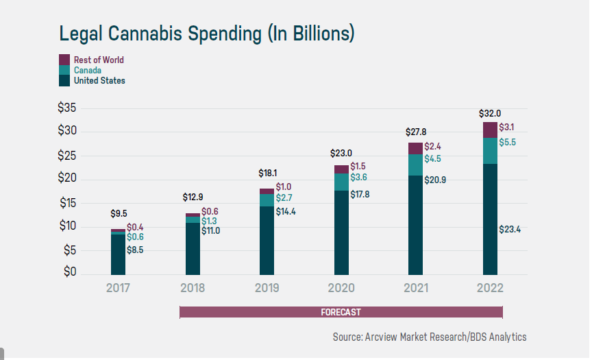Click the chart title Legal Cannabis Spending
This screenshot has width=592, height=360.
206,33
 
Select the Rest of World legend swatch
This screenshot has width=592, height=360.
64,60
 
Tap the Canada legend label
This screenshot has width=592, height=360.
87,71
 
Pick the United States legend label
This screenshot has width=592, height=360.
99,81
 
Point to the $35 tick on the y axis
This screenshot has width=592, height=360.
66,108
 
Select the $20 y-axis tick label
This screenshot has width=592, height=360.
66,179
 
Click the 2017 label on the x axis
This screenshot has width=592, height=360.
118,288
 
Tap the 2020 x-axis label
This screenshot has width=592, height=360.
341,288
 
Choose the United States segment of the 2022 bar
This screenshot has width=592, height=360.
489,219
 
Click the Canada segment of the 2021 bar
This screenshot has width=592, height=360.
415,165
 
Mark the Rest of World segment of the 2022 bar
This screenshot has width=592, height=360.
489,130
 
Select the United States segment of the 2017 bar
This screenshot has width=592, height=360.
118,254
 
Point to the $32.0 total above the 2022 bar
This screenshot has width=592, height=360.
489,113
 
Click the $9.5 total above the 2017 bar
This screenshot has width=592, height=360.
118,213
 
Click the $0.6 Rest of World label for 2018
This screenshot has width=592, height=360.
210,211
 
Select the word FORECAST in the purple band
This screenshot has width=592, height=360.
341,312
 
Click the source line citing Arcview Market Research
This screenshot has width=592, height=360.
430,337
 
